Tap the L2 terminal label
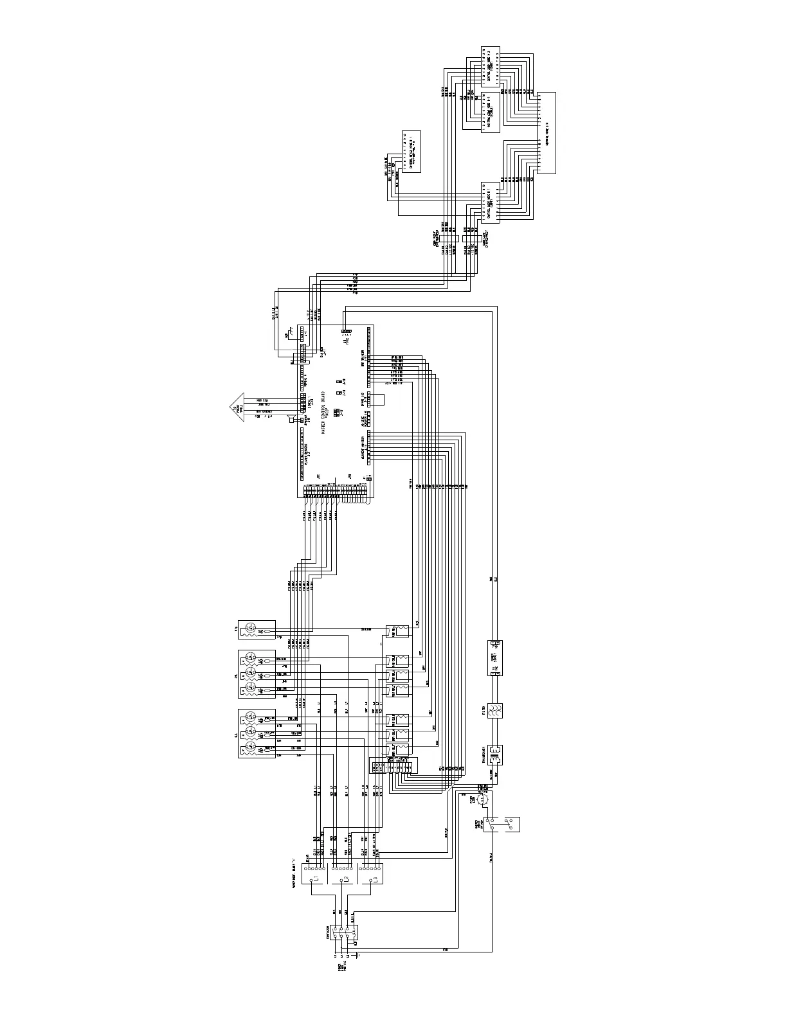(345, 879)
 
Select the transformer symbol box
(496, 753)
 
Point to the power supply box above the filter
(496, 657)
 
